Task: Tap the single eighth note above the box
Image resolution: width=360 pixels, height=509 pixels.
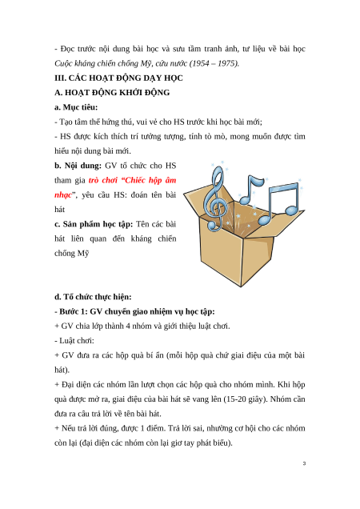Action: click(x=250, y=190)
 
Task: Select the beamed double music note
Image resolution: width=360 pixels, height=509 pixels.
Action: click(x=279, y=204)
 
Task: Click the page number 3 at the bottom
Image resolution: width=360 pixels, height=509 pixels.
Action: click(x=304, y=463)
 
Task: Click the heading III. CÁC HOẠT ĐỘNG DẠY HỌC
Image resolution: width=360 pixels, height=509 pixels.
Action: click(x=118, y=78)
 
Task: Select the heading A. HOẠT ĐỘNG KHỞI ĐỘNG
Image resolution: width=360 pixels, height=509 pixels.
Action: click(x=112, y=93)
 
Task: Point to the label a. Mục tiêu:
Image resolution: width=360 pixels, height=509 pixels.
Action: click(x=76, y=107)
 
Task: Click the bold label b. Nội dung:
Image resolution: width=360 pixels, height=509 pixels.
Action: click(x=78, y=166)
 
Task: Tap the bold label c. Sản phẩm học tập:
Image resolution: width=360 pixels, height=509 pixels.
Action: click(x=94, y=224)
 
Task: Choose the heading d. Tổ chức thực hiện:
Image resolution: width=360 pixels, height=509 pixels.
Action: click(x=93, y=297)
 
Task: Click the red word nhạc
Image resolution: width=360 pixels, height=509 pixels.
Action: click(x=63, y=195)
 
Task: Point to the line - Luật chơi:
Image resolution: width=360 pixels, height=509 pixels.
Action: click(x=74, y=340)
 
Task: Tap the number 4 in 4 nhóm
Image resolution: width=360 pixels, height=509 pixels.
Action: click(x=128, y=326)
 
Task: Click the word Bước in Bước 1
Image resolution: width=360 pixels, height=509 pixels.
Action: click(x=69, y=311)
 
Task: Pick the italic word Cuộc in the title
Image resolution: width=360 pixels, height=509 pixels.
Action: click(x=62, y=63)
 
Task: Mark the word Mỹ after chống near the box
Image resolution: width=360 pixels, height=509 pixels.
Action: click(x=82, y=253)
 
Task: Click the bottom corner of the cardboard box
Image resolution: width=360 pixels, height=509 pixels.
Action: click(x=241, y=287)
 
